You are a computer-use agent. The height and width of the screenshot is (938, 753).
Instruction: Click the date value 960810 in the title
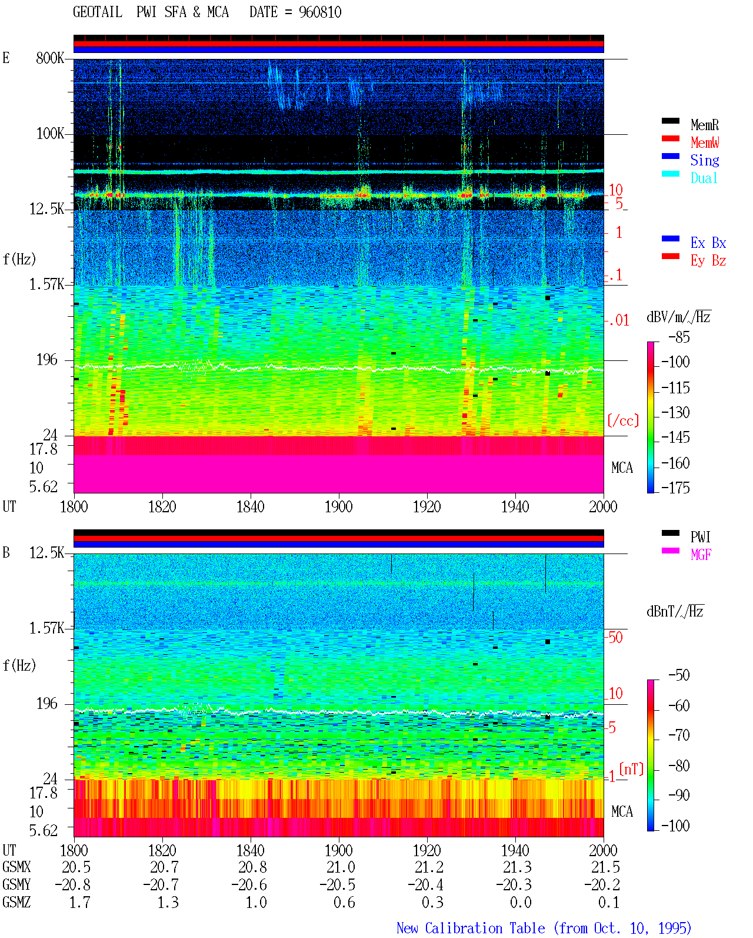(319, 12)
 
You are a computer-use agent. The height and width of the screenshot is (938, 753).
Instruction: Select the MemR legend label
(704, 125)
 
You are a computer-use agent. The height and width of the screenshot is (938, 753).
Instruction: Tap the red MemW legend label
(704, 142)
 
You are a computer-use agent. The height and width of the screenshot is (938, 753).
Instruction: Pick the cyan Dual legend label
(704, 178)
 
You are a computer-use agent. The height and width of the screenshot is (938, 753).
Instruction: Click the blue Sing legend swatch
(670, 156)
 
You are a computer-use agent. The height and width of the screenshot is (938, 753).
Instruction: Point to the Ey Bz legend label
(708, 261)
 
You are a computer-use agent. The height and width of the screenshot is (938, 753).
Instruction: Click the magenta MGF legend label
(701, 555)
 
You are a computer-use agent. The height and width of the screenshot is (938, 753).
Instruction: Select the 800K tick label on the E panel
(50, 58)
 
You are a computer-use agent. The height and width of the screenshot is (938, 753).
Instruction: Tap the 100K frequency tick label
(50, 134)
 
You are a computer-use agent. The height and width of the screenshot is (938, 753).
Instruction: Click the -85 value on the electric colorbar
(679, 337)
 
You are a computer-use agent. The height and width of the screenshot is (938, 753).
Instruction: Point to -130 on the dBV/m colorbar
(675, 412)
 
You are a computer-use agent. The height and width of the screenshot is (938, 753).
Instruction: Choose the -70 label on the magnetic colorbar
(679, 735)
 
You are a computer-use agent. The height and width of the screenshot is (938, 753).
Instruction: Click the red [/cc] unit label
(623, 420)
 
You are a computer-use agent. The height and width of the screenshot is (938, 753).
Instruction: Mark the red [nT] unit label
(631, 768)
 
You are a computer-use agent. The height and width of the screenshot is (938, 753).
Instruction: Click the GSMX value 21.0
(341, 867)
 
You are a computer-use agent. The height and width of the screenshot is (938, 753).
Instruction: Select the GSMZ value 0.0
(521, 902)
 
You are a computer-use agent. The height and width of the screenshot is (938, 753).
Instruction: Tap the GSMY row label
(16, 885)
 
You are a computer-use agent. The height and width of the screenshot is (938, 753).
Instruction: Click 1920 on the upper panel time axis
(427, 506)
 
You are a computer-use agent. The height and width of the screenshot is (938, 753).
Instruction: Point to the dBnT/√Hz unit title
(675, 611)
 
